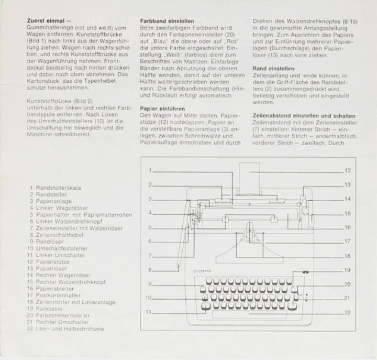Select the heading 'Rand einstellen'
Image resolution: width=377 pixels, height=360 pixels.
(x=273, y=69)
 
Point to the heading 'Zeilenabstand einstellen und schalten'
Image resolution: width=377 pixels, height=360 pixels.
(x=304, y=115)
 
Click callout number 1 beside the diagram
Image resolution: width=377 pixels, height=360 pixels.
(x=150, y=170)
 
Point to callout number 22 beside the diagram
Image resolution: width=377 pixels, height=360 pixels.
(x=348, y=313)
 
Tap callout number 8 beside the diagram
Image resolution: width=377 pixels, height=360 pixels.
(x=150, y=269)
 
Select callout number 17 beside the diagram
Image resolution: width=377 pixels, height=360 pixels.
(x=348, y=242)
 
